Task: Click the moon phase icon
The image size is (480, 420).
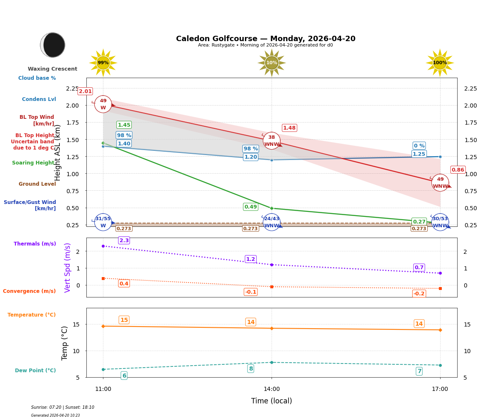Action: pyautogui.click(x=53, y=45)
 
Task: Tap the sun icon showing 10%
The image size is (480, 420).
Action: pyautogui.click(x=272, y=63)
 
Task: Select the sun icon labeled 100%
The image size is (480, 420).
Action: pyautogui.click(x=440, y=63)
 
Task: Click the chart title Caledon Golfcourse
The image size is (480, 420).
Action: pyautogui.click(x=265, y=39)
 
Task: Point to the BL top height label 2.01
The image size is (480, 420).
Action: pyautogui.click(x=85, y=91)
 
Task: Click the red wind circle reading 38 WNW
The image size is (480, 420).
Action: pyautogui.click(x=272, y=141)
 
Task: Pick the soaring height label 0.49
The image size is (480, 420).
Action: pyautogui.click(x=250, y=207)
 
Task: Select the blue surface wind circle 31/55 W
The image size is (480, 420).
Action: pyautogui.click(x=103, y=222)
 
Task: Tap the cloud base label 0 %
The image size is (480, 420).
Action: pyautogui.click(x=419, y=146)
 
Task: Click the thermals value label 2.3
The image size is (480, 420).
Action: pyautogui.click(x=124, y=241)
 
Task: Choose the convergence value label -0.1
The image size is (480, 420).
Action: pyautogui.click(x=250, y=292)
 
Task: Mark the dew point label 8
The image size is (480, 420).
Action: pyautogui.click(x=251, y=369)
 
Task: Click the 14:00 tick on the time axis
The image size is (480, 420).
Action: pyautogui.click(x=272, y=389)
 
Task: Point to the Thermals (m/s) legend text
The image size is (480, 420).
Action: pyautogui.click(x=35, y=244)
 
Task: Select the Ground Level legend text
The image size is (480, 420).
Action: pyautogui.click(x=37, y=184)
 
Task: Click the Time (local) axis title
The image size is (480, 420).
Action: pyautogui.click(x=272, y=401)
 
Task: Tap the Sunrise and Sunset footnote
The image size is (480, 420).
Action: pyautogui.click(x=63, y=408)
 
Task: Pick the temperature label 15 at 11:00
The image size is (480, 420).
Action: pyautogui.click(x=124, y=320)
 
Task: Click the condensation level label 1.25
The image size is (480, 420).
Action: pyautogui.click(x=419, y=154)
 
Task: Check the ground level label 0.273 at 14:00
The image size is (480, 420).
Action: pyautogui.click(x=250, y=228)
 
